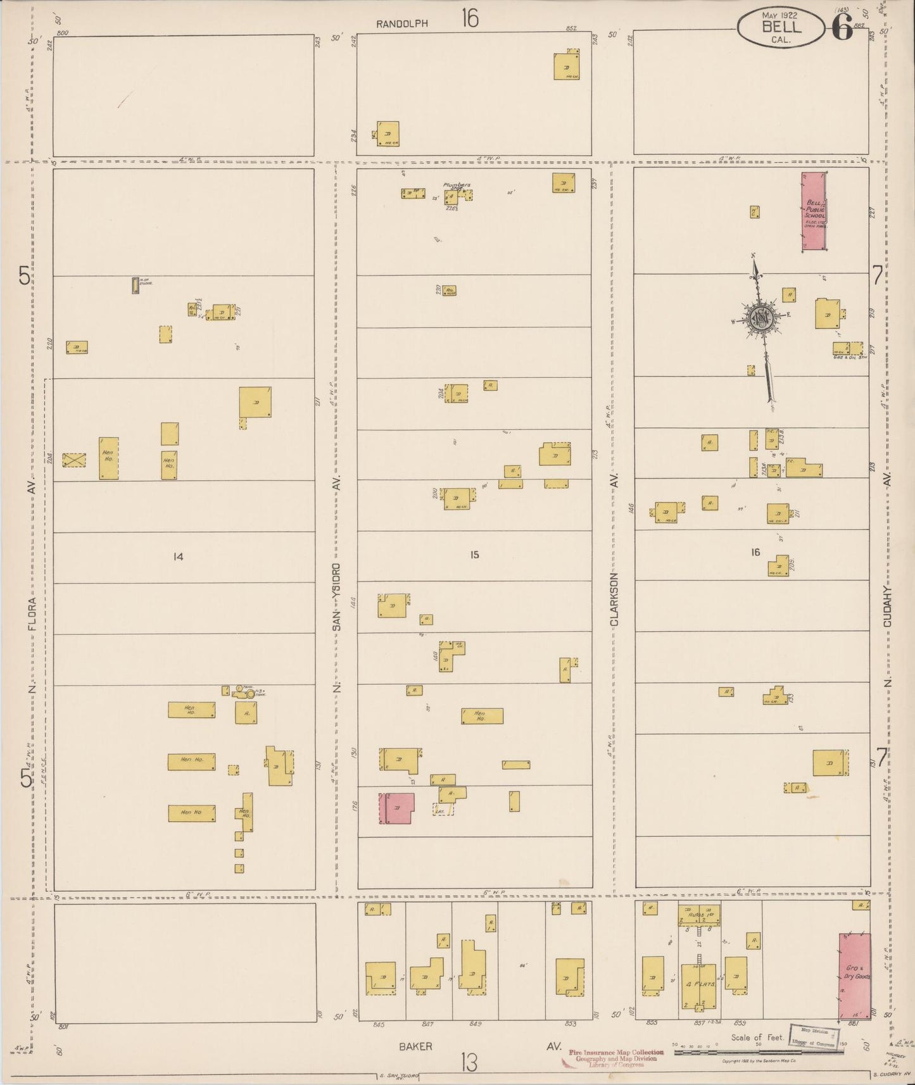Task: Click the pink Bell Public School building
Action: (814, 212)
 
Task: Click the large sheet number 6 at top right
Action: (842, 27)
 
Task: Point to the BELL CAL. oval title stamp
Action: (781, 28)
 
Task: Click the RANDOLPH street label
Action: (402, 24)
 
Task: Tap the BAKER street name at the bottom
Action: (415, 1046)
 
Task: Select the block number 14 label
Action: (178, 556)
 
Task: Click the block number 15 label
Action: (474, 555)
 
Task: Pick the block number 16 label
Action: (755, 553)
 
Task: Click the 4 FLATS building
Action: (698, 986)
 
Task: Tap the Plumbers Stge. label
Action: (457, 186)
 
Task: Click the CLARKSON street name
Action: (614, 599)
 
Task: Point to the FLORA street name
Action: (32, 613)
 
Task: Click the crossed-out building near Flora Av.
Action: (74, 460)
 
